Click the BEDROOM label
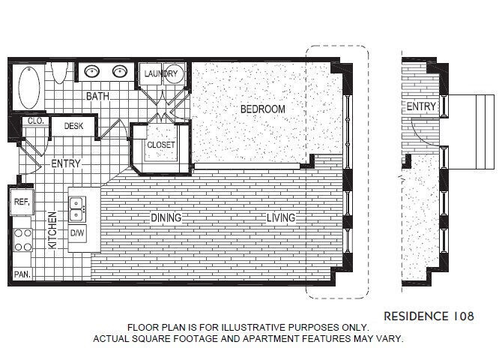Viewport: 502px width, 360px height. tap(262, 109)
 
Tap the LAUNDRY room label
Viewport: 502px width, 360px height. tap(161, 74)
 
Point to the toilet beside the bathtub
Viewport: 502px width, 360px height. tap(63, 72)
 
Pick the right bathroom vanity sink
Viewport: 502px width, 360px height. tap(120, 72)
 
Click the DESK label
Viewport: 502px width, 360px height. tap(73, 127)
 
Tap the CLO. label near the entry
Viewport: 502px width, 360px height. tap(34, 121)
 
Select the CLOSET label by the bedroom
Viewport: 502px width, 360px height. tap(160, 145)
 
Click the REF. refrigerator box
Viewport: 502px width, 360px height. tap(19, 201)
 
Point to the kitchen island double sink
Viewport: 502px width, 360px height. tap(77, 208)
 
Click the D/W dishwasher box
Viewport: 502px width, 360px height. tap(77, 233)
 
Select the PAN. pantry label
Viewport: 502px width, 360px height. tap(22, 274)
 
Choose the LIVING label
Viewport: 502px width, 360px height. tap(281, 218)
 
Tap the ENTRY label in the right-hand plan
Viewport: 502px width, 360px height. tap(420, 107)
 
